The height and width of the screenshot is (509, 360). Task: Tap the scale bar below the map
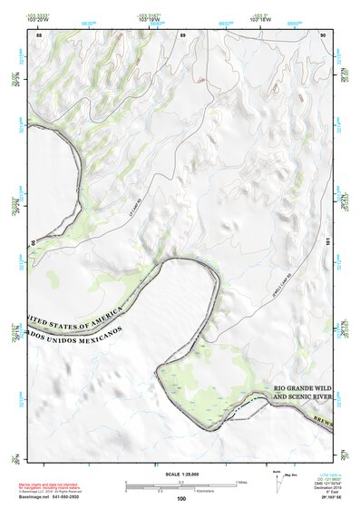(x=180, y=483)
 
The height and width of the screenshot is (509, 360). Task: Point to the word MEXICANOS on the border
(x=95, y=335)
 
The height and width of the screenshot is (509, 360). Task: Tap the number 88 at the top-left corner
(x=39, y=34)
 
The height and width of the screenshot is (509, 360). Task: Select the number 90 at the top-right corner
(x=323, y=34)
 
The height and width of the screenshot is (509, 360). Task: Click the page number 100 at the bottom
(x=180, y=499)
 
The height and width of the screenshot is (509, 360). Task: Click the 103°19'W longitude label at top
(x=151, y=20)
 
